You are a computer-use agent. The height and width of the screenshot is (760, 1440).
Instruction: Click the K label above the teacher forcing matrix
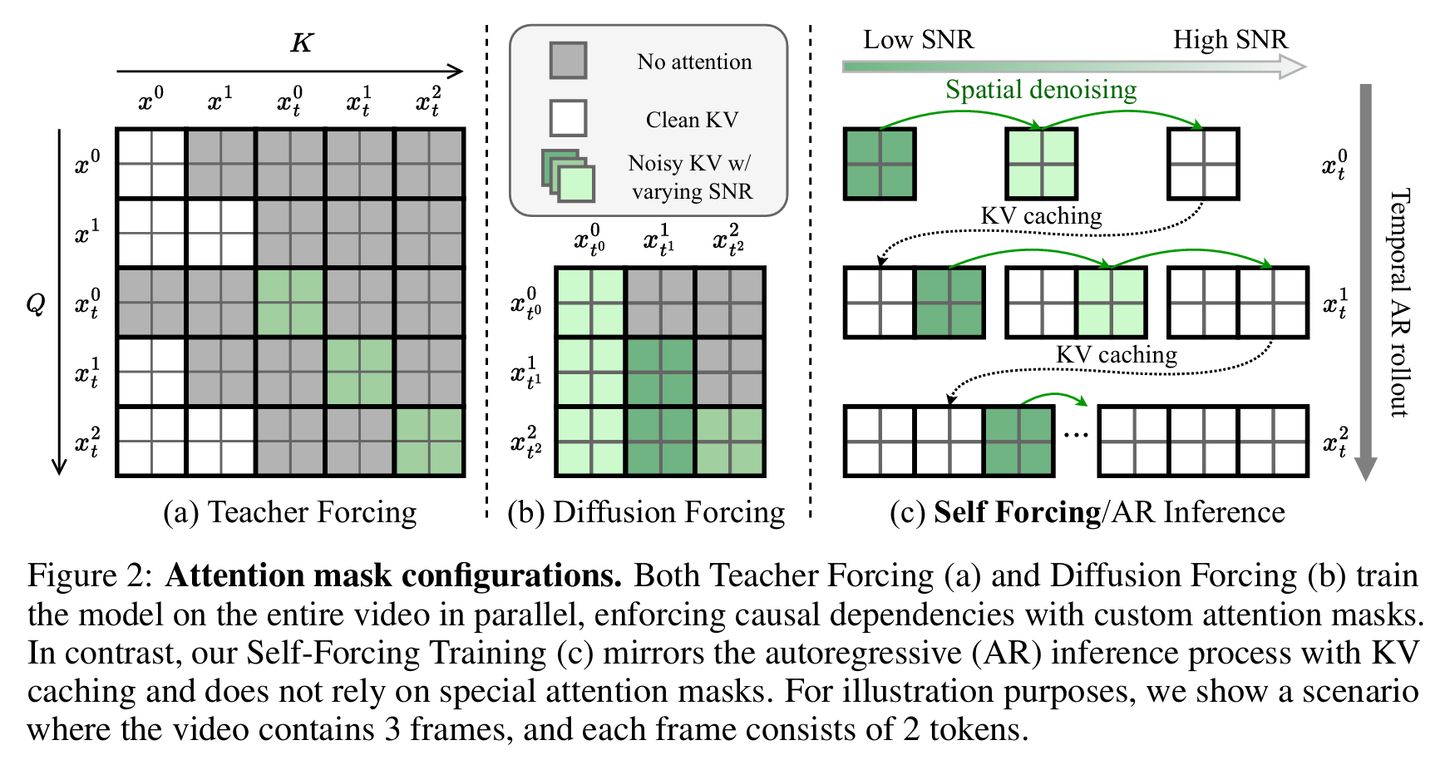coord(301,42)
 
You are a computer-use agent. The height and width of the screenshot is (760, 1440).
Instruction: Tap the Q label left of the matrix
coord(36,304)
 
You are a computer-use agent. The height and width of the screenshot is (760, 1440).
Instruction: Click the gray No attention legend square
coord(568,61)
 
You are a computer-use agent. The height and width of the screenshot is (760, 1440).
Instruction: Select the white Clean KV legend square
coord(568,118)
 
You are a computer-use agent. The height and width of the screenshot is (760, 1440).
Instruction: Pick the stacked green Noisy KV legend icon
coord(568,175)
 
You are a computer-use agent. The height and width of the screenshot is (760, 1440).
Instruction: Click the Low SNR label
coord(917,40)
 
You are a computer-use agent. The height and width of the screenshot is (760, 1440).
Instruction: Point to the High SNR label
coord(1230,40)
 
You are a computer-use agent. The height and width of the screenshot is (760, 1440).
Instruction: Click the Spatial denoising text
coord(1041,90)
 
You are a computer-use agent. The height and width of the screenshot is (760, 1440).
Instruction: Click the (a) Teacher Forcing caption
coord(290,512)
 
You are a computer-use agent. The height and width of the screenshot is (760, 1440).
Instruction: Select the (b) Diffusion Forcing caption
coord(646,512)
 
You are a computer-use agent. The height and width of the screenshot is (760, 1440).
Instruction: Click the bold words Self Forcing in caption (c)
coord(1017,512)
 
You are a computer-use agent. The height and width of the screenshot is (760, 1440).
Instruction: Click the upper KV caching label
coord(1041,216)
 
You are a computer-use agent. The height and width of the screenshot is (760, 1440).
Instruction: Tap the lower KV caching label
coord(1117,355)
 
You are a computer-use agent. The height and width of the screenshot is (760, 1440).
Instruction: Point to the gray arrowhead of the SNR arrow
coord(1293,67)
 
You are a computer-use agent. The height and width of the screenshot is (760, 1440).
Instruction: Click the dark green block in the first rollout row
coord(880,164)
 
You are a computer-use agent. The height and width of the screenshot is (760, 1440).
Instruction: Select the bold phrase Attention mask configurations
coord(393,575)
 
